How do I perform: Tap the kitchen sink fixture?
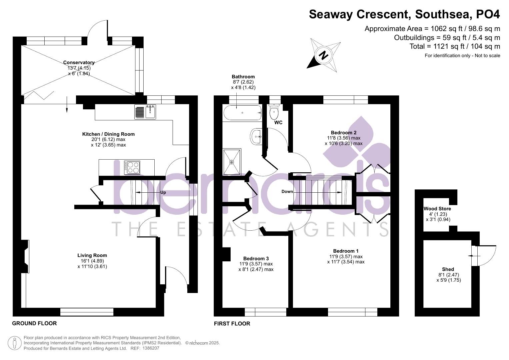[x=145, y=112]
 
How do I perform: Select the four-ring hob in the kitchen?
[x=132, y=167]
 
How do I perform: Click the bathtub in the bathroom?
[x=242, y=113]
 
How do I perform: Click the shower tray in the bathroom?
[x=232, y=162]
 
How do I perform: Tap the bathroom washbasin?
[x=257, y=136]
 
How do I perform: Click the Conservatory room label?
[x=79, y=63]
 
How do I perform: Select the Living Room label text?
[x=92, y=256]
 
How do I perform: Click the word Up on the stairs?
[x=163, y=193]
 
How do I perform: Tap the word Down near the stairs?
[x=287, y=192]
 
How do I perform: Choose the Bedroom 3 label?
[x=256, y=259]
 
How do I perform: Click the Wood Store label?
[x=437, y=209]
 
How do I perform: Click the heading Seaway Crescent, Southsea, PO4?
[x=404, y=15]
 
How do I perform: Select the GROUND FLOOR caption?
[x=34, y=323]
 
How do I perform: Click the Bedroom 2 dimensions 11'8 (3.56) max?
[x=344, y=138]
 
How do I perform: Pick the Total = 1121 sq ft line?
[x=455, y=47]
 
